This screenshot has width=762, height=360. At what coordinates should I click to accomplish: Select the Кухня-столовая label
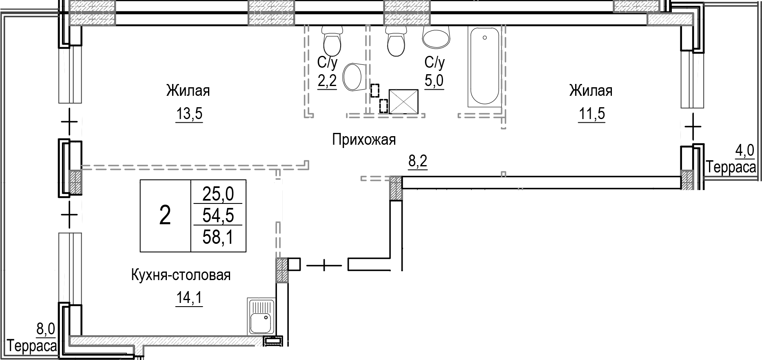point(181,275)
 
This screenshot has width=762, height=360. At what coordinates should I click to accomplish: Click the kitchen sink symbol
point(261,316)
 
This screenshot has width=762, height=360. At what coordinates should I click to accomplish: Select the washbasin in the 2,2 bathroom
point(354,77)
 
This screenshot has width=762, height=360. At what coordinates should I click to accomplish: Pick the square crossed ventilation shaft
point(404,101)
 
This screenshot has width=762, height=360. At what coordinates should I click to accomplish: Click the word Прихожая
point(363,140)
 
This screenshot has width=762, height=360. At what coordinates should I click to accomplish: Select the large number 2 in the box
point(165,215)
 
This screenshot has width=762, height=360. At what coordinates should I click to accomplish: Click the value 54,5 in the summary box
point(218,215)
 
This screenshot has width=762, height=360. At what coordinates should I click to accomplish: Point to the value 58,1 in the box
point(218,237)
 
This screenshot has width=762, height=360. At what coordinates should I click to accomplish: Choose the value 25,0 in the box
point(218,194)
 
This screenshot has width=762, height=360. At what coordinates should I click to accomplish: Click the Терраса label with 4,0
point(731,168)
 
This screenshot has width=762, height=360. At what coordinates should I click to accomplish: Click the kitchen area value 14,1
point(189,299)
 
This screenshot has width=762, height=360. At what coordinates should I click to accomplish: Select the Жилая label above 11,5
point(591,91)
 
